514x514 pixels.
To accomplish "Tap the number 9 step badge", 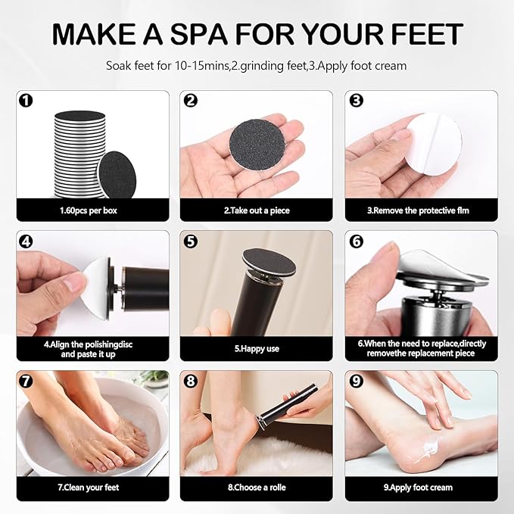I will point(357,381).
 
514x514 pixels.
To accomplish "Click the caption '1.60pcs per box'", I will point(92,210).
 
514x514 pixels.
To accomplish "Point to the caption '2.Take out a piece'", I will point(256,210).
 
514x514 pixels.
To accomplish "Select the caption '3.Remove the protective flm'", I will point(421,210).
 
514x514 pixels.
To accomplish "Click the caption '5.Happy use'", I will point(256,350).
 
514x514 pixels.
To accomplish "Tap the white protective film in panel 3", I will point(420,144).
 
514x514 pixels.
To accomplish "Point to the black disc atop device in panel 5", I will point(262,259).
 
